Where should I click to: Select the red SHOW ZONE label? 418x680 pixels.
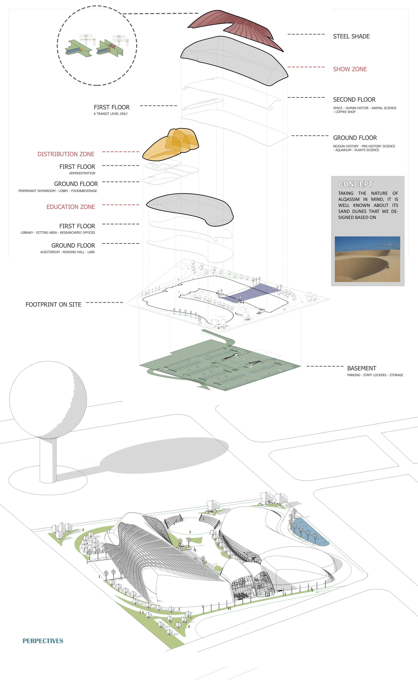[x=350, y=69]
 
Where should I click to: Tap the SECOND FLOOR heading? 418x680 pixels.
[x=354, y=100]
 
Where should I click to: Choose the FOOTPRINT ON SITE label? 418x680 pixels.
[x=53, y=304]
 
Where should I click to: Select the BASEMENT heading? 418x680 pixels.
[x=361, y=368]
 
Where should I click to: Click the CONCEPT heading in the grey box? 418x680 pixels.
[x=355, y=184]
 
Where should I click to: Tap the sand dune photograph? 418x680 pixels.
[x=367, y=259]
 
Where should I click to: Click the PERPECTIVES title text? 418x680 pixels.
[x=43, y=641]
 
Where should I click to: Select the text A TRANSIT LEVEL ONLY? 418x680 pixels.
[x=111, y=114]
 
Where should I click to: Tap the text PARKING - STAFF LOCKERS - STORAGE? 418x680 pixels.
[x=375, y=375]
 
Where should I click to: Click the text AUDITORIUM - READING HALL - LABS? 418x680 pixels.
[x=67, y=252]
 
